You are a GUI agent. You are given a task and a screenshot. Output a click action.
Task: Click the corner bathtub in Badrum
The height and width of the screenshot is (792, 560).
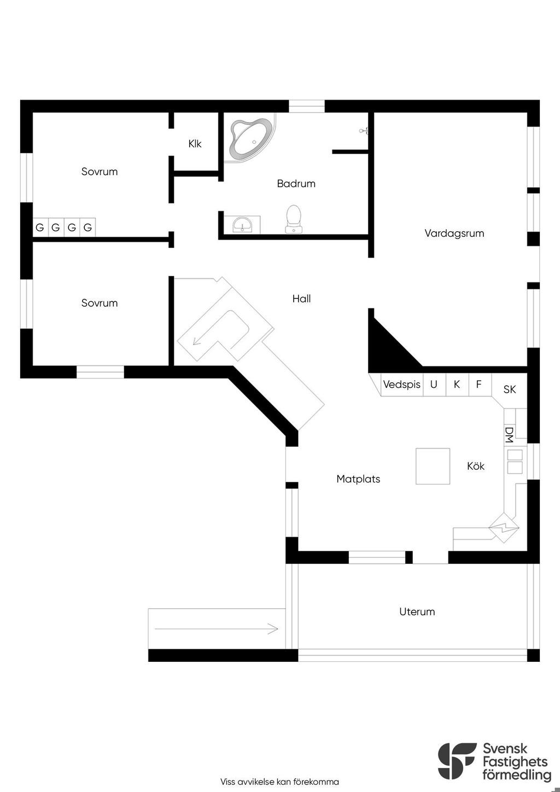tap(251, 138)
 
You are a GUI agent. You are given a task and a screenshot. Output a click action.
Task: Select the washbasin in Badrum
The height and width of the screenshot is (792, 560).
tap(242, 224)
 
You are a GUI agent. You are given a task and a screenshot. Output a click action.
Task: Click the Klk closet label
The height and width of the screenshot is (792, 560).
tap(195, 144)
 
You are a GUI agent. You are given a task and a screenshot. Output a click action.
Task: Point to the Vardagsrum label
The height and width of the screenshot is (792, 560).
tap(454, 234)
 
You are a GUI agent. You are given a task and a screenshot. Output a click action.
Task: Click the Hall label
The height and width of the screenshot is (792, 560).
tap(301, 299)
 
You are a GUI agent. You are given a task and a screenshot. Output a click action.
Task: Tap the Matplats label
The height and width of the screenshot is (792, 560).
tap(358, 479)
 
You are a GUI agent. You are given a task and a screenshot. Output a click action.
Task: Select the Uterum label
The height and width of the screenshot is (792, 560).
tap(417, 612)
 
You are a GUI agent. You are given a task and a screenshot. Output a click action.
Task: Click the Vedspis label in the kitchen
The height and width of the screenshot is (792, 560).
tap(401, 385)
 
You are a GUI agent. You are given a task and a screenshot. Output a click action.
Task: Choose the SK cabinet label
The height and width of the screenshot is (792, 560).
tap(509, 389)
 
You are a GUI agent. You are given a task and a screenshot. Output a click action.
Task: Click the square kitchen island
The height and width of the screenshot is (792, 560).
tap(433, 466)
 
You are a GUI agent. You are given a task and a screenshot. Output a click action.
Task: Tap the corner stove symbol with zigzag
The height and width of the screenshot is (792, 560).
tap(504, 528)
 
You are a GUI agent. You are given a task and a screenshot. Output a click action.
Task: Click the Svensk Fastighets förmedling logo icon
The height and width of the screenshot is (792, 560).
tap(457, 761)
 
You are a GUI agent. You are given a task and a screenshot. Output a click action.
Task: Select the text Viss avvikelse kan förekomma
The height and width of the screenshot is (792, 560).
tap(279, 782)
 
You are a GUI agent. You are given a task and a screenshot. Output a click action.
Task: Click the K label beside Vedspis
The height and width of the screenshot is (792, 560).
tap(457, 385)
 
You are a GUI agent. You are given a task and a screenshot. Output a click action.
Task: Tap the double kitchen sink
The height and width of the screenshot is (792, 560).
tap(515, 461)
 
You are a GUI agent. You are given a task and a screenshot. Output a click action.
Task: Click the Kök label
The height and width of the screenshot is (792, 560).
tap(475, 467)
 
